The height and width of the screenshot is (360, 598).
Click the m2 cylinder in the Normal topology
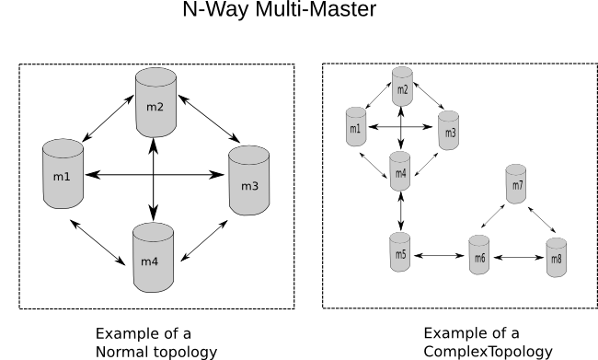pos(155,102)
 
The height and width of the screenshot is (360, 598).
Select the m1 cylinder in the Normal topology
pos(63,174)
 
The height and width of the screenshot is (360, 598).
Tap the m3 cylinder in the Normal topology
pos(249,180)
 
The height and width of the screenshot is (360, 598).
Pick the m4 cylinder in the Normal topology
pos(153,258)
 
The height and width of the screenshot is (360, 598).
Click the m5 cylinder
pos(400,252)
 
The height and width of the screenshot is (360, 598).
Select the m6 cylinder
pos(479,255)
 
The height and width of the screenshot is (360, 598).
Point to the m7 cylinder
pos(516,184)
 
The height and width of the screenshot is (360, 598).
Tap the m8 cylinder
pos(557,257)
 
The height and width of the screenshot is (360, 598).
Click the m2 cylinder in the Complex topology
pos(402,87)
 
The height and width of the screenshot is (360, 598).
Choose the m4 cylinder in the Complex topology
pos(400,171)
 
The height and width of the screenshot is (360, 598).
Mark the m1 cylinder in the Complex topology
pos(356,126)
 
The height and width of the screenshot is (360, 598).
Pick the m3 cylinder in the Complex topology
pos(449,131)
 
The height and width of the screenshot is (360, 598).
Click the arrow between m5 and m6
pos(439,255)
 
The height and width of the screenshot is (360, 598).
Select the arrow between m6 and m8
pos(519,258)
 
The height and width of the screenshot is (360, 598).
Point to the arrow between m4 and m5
pos(401,212)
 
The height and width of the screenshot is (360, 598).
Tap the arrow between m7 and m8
pos(542,220)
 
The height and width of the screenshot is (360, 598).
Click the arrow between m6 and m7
pos(493,216)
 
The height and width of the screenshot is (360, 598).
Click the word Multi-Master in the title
pos(316,9)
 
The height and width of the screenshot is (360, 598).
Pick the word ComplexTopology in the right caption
pos(489,351)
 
